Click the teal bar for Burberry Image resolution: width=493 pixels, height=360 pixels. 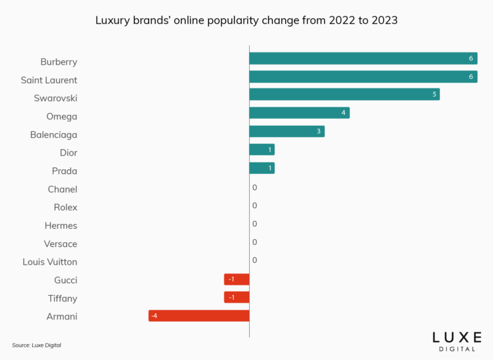tap(363, 58)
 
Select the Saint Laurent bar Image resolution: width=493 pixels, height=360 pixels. tap(363, 76)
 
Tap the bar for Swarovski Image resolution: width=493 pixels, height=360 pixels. tap(344, 94)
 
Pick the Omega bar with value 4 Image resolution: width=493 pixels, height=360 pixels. tap(299, 112)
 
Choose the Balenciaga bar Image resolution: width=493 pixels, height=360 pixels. tap(286, 131)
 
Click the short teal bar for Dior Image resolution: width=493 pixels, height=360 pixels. tap(262, 149)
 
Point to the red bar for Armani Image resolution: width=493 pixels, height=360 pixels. tap(199, 315)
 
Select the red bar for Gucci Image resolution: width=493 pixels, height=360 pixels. tap(237, 279)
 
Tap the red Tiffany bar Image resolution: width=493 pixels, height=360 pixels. tap(237, 297)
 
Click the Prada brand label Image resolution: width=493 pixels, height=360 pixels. tap(64, 171)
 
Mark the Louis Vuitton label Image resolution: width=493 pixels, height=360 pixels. tap(50, 262)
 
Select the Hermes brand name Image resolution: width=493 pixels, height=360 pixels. tap(61, 225)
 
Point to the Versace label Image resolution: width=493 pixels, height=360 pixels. tap(61, 244)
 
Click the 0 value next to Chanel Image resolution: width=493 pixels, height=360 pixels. tap(255, 188)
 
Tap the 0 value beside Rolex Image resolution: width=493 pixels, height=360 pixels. tap(255, 205)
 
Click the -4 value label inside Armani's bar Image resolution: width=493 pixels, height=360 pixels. tap(154, 315)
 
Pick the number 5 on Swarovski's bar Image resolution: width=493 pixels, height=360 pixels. tap(434, 95)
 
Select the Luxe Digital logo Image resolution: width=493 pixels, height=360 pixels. tap(457, 341)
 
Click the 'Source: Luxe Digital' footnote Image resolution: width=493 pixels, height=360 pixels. tap(37, 345)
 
